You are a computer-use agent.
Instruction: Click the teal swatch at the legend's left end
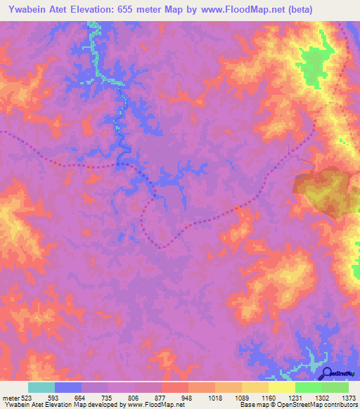pyautogui.click(x=41, y=387)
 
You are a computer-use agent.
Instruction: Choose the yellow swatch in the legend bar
pyautogui.click(x=282, y=387)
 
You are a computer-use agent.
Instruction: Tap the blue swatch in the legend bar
pyautogui.click(x=68, y=387)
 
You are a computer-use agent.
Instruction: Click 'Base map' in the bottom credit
pyautogui.click(x=252, y=405)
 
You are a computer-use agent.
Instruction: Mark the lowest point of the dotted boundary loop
pyautogui.click(x=161, y=247)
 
